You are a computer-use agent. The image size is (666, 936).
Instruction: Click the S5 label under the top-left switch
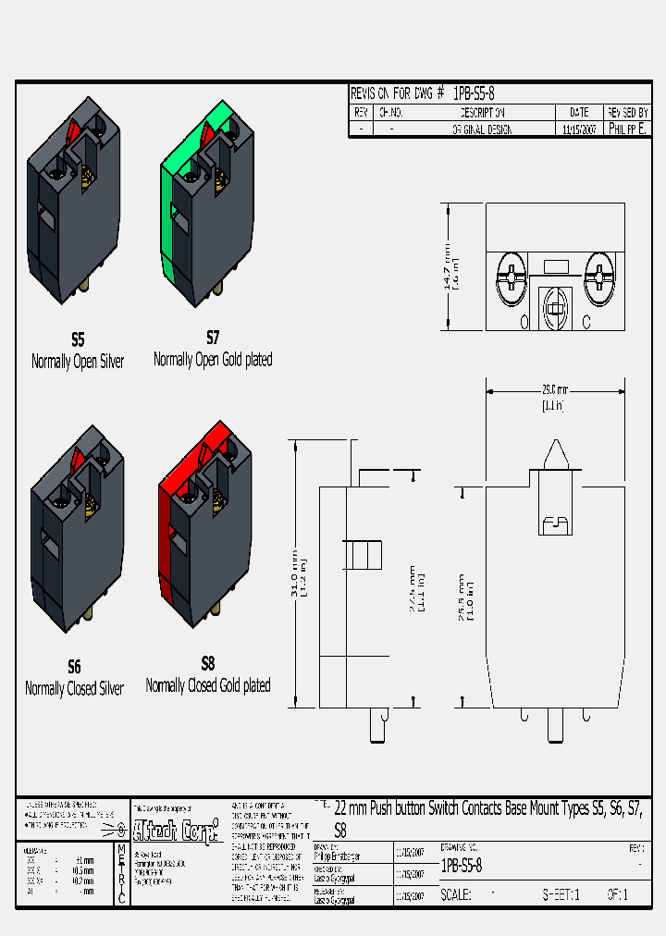(78, 340)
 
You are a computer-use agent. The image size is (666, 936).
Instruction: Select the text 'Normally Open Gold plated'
(213, 359)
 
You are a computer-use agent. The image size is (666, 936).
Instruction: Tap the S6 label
(74, 667)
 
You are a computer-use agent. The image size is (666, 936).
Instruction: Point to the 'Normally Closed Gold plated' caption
(208, 685)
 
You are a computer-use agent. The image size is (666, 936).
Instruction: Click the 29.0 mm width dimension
(554, 389)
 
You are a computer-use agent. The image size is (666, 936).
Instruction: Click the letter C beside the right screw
(586, 322)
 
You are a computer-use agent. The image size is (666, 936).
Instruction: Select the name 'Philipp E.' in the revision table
(628, 130)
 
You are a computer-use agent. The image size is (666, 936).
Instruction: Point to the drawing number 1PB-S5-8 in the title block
(462, 867)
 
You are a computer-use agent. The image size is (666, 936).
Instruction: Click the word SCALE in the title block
(456, 894)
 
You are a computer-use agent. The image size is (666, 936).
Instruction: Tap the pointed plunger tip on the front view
(555, 453)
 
